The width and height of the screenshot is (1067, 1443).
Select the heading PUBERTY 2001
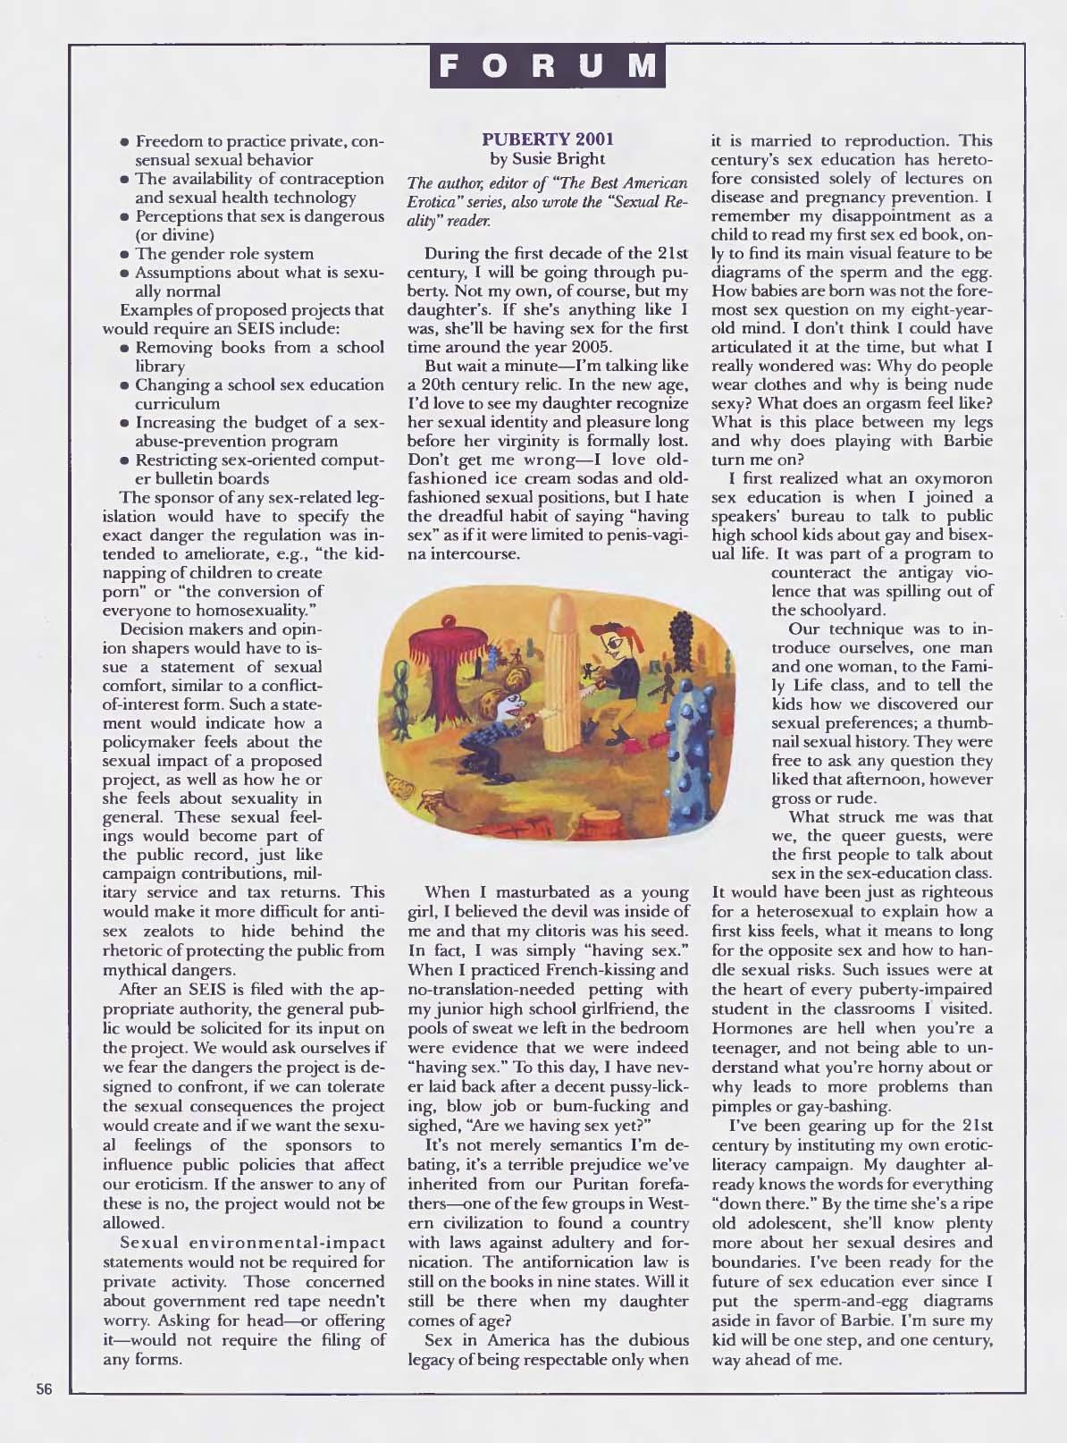point(547,140)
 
